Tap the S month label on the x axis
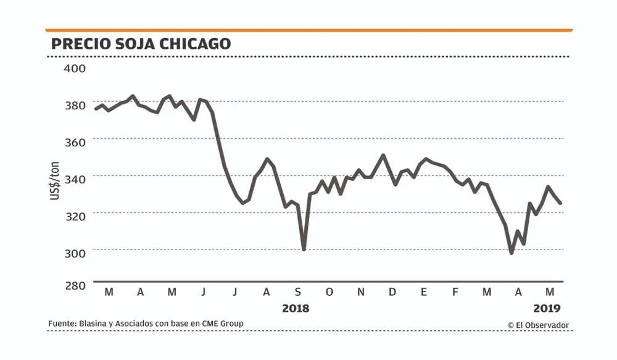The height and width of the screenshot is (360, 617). coord(298,292)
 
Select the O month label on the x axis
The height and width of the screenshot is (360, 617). coord(329,292)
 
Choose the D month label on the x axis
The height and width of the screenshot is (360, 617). coord(392,292)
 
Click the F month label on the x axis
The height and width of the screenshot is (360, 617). coord(455,292)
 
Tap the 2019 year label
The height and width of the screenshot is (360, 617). coord(546,308)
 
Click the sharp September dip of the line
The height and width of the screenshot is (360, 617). coord(304,249)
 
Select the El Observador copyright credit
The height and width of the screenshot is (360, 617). coord(538,325)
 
